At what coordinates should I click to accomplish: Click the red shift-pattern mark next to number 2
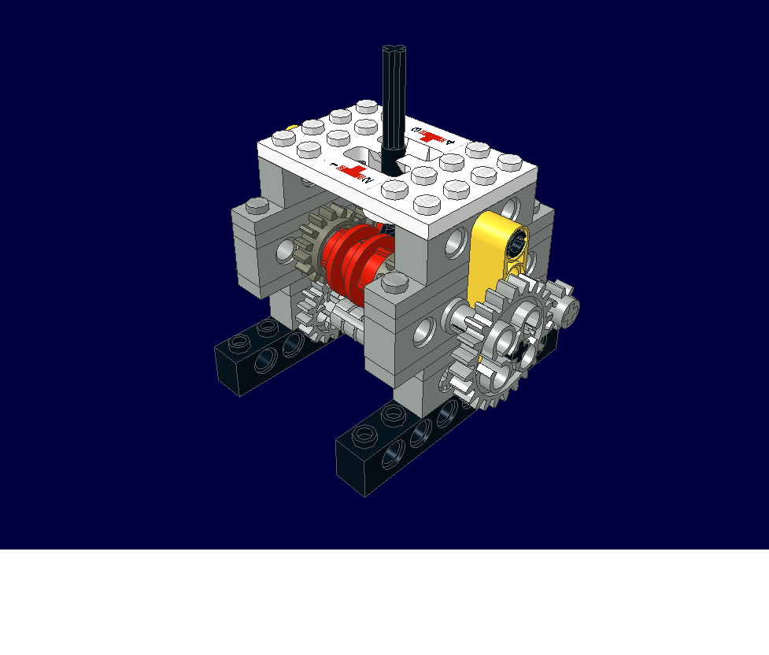pyautogui.click(x=354, y=172)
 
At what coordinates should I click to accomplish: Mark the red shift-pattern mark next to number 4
pyautogui.click(x=430, y=135)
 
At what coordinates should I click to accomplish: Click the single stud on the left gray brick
pyautogui.click(x=257, y=206)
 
